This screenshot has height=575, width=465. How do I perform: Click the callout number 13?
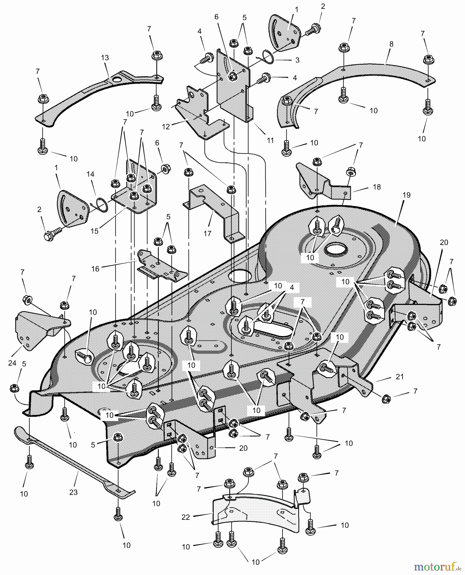[x=105, y=58]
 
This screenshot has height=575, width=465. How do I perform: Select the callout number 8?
[x=391, y=44]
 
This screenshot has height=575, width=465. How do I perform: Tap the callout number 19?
[x=406, y=195]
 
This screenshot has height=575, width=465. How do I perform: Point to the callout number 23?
[x=73, y=492]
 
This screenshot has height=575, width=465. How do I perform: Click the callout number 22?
[x=186, y=517]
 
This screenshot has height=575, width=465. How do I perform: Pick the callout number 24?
[x=12, y=364]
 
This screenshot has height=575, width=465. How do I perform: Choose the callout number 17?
[x=207, y=234]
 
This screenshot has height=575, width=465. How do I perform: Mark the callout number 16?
[x=95, y=269]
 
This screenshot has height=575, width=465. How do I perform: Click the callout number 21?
[x=399, y=377]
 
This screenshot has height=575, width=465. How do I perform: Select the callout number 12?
[x=166, y=126]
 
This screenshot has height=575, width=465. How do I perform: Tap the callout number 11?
[x=270, y=140]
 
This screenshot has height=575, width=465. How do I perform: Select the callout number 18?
[x=377, y=187]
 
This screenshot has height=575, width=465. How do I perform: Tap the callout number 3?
[x=297, y=60]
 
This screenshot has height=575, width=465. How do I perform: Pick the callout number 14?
[x=91, y=174]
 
